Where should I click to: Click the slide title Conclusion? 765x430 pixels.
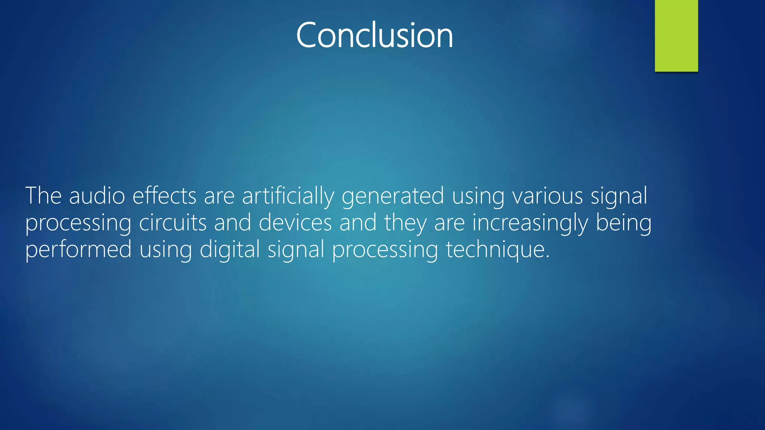374,35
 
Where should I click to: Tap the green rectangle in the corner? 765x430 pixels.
676,35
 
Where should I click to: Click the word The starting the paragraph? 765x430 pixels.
43,196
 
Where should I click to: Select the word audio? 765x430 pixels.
97,196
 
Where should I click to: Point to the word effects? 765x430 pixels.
164,196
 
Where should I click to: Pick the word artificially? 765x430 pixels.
288,196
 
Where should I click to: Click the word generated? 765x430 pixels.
393,196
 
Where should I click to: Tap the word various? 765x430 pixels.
547,196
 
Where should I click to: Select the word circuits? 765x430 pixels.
173,222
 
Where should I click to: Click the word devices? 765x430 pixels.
295,222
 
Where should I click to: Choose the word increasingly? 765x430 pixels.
530,223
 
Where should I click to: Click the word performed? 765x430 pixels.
78,250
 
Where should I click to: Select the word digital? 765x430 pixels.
230,249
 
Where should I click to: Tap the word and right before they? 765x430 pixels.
358,222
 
